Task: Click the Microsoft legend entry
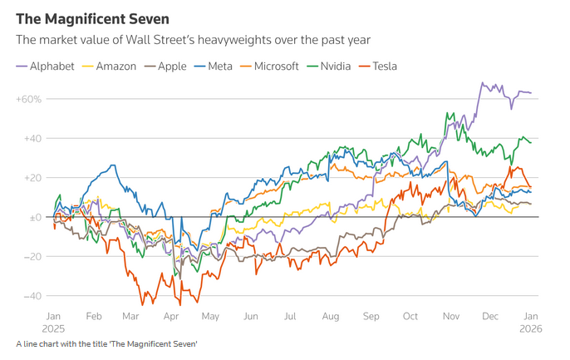275,66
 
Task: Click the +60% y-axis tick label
27,99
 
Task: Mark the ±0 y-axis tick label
34,217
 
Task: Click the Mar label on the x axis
130,317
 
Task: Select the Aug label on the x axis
329,317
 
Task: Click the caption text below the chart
106,344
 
